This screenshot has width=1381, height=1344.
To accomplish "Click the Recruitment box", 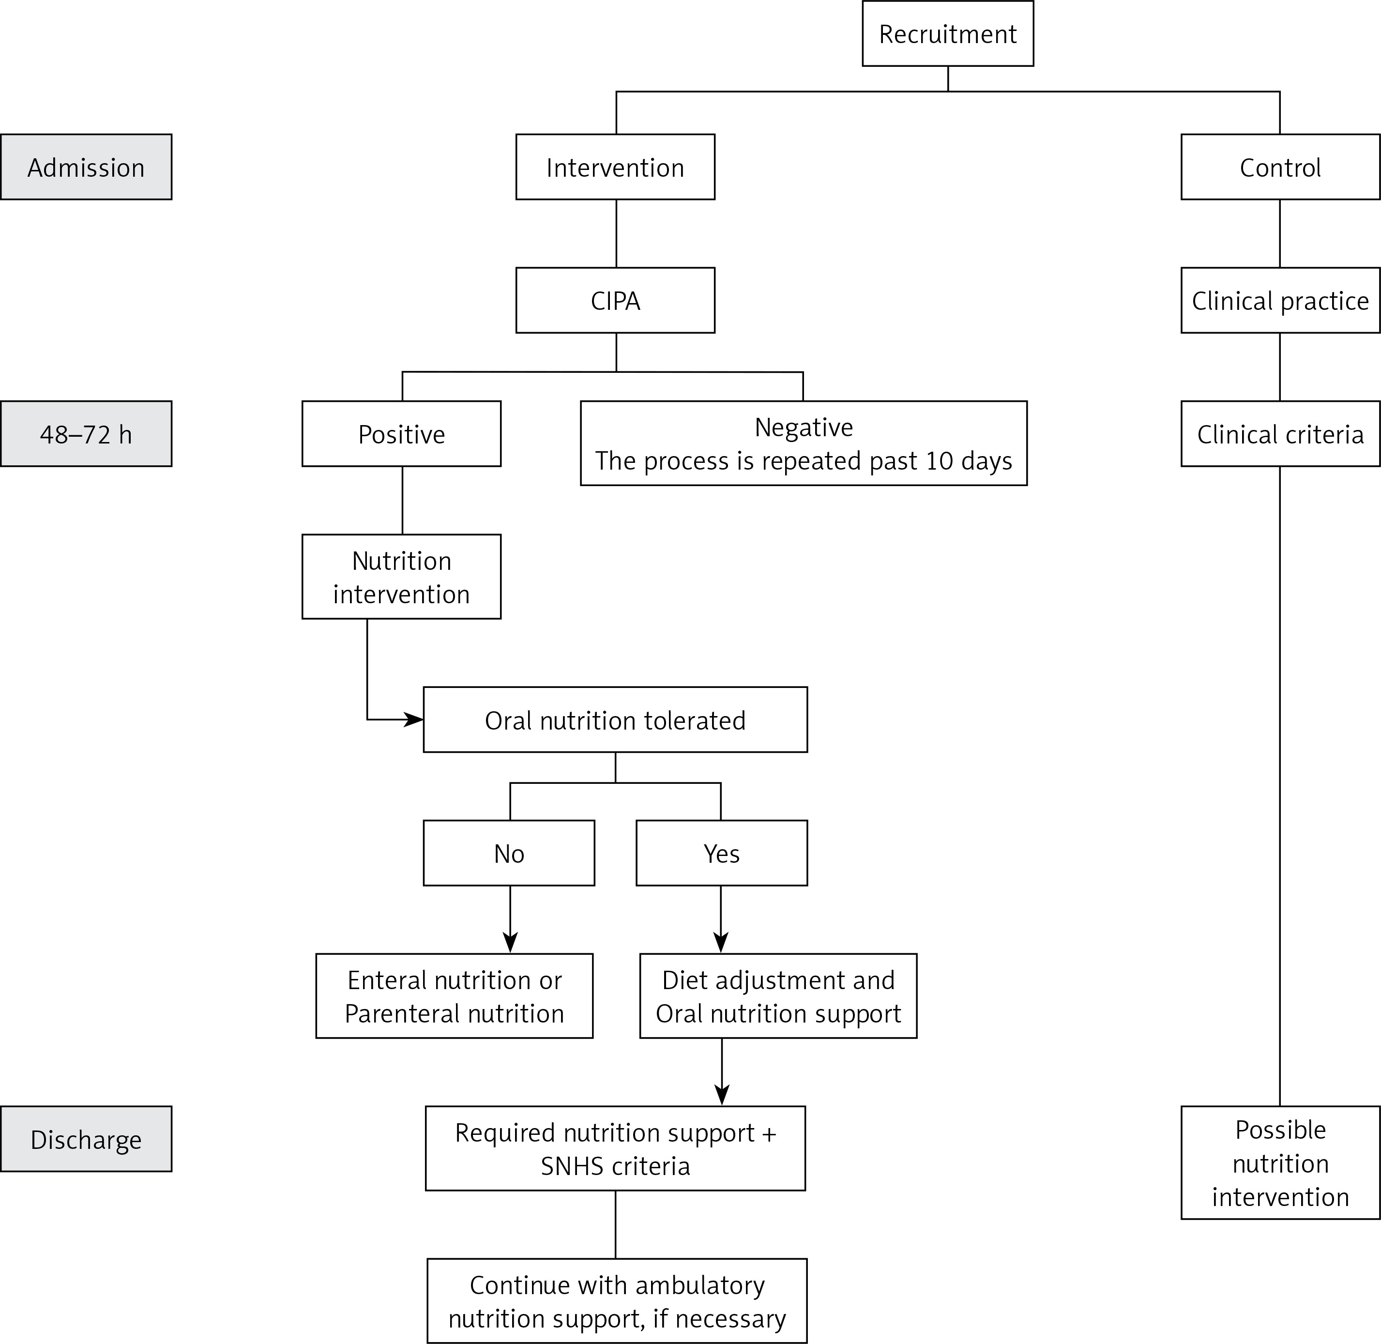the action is click(948, 33).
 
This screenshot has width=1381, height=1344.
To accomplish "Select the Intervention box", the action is click(615, 168).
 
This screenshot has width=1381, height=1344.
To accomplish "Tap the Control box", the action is click(1280, 168).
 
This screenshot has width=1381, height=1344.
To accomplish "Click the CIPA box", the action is click(615, 301).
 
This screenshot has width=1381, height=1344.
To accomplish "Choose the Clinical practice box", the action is click(1280, 301).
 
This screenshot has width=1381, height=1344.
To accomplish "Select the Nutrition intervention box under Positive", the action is click(402, 577).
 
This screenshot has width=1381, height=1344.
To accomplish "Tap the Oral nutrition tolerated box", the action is click(615, 720).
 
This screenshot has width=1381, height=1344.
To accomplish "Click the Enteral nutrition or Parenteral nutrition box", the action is click(455, 996).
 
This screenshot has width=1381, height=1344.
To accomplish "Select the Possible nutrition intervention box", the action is click(1280, 1162).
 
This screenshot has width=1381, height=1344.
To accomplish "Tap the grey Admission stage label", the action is click(86, 168).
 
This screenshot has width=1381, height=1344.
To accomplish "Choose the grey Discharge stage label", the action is click(86, 1139).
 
